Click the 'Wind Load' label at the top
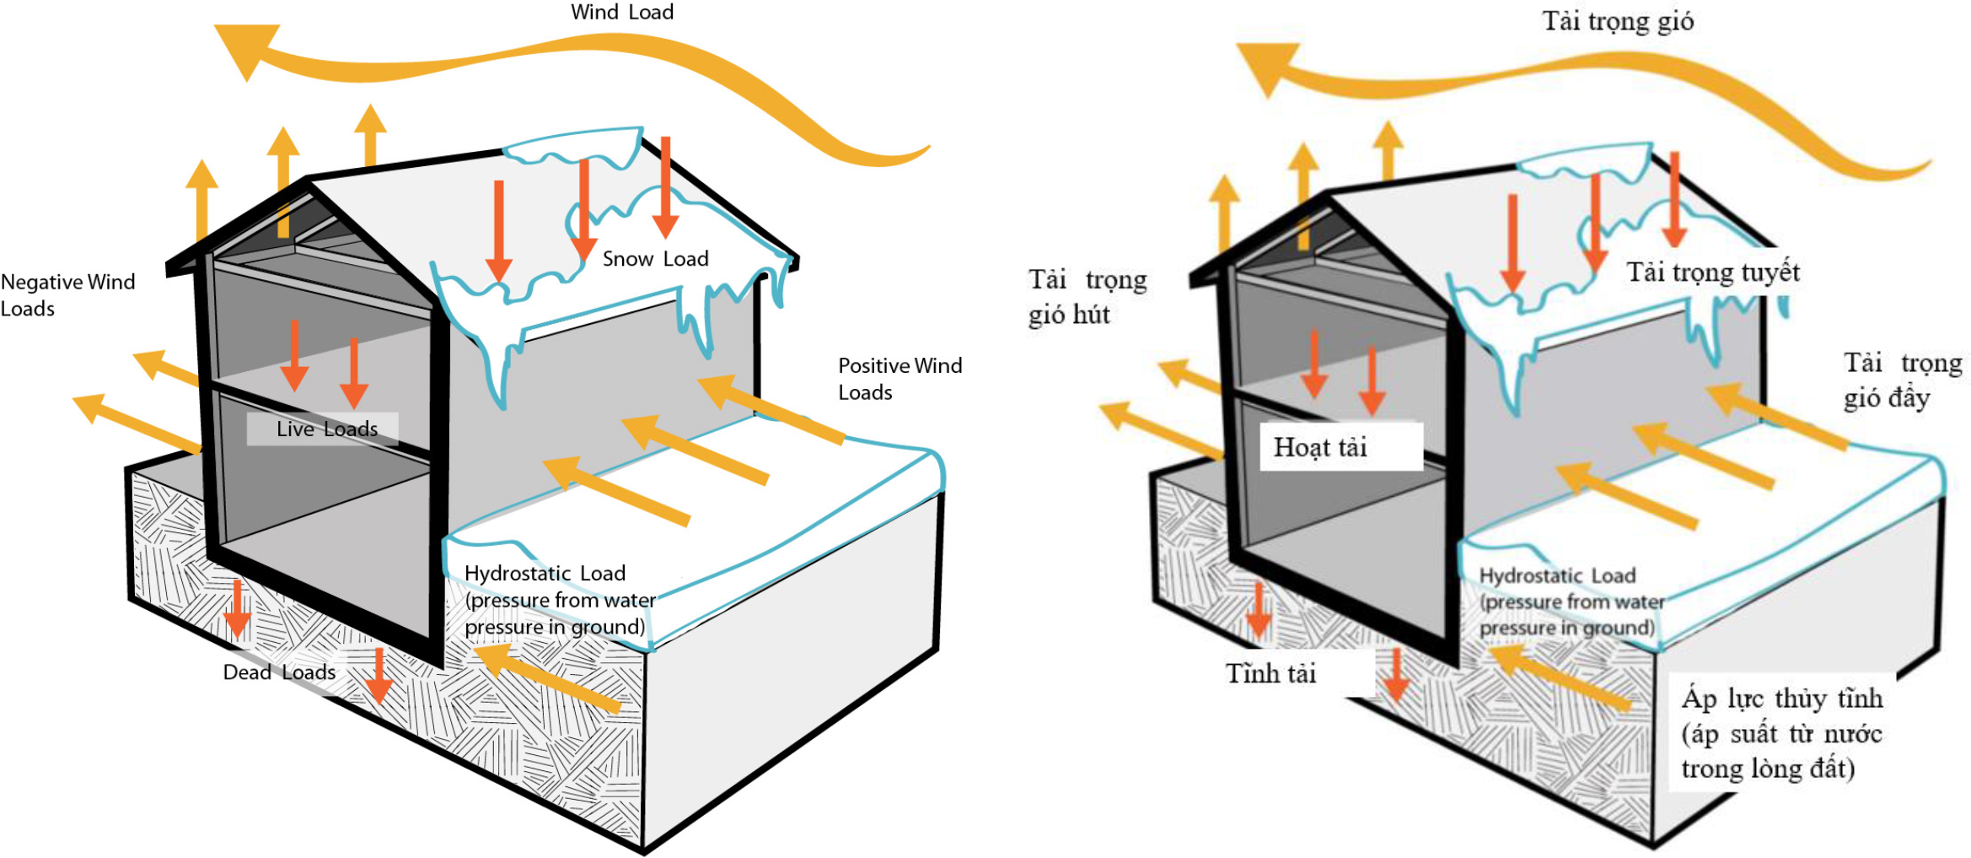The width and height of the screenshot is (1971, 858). pos(622,13)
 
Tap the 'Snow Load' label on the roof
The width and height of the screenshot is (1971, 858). pos(655,259)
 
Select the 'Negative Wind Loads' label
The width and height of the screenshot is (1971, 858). pos(67,294)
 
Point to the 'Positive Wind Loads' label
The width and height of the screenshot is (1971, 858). pos(900,379)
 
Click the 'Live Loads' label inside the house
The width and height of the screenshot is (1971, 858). pos(326,429)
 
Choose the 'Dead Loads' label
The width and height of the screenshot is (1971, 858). pos(279,672)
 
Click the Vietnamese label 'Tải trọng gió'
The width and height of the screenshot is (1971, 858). pos(1617,21)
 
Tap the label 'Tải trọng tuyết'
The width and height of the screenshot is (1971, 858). pos(1712,273)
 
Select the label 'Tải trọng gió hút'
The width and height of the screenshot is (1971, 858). pos(1087,297)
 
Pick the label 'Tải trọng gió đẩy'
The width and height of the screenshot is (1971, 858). pos(1902,380)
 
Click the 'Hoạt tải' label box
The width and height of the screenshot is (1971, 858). pos(1340,446)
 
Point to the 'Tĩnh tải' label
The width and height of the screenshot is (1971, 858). pos(1270,673)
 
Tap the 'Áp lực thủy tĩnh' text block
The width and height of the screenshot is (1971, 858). pos(1781,732)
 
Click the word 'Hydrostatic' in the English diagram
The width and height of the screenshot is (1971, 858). pos(518,574)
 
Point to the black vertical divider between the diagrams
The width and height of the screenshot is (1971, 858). pos(1002,429)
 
